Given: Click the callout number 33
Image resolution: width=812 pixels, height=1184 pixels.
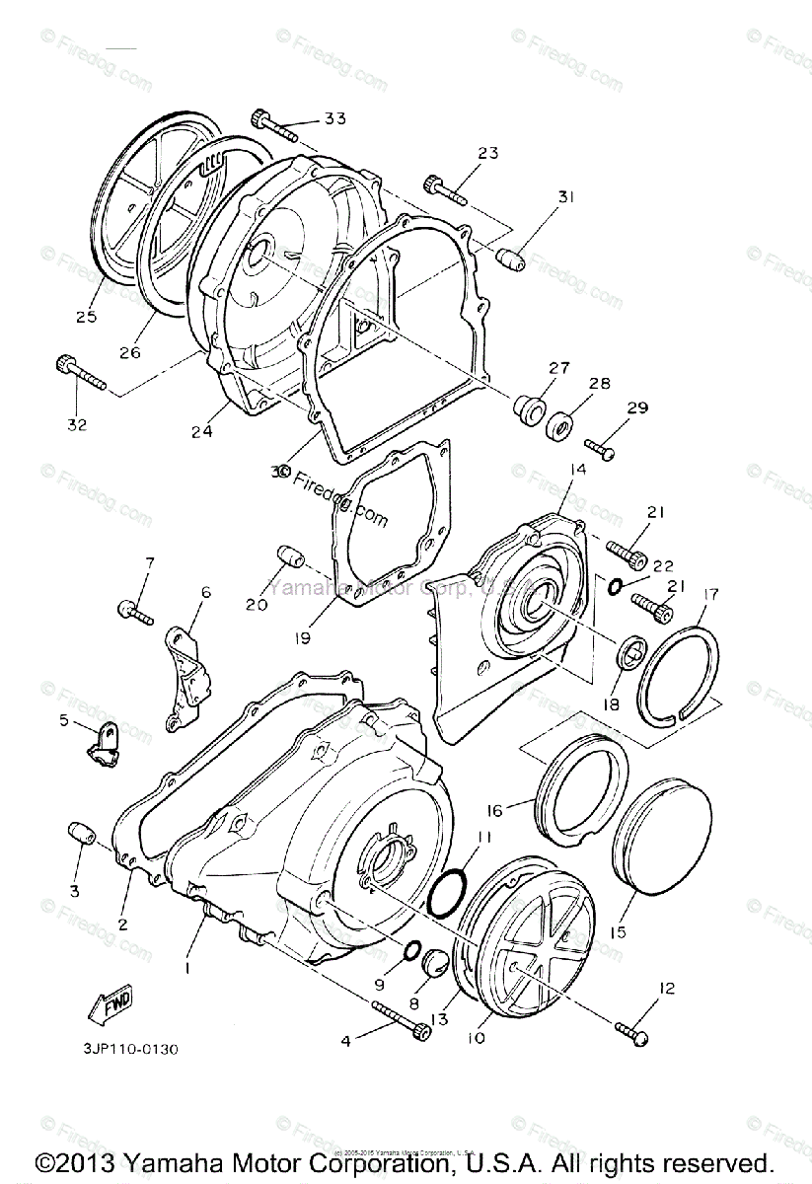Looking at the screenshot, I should (x=335, y=119).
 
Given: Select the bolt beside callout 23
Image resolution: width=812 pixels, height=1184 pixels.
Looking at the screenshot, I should (x=449, y=187).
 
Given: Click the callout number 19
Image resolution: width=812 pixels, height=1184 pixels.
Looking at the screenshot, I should (x=301, y=638).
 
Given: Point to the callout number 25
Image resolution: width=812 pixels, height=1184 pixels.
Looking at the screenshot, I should (x=86, y=318).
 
